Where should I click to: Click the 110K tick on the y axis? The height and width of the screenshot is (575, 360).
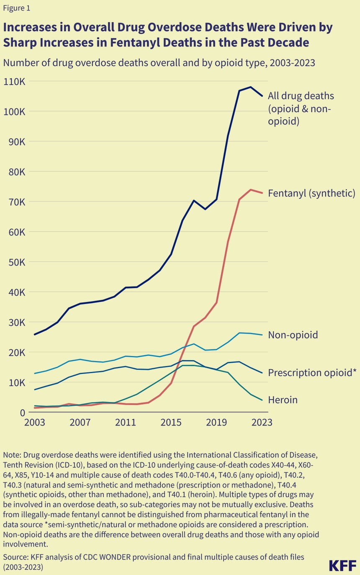pyautogui.click(x=15, y=82)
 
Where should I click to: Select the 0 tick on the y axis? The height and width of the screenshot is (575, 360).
pyautogui.click(x=22, y=413)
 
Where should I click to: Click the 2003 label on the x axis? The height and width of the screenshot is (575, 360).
pyautogui.click(x=34, y=422)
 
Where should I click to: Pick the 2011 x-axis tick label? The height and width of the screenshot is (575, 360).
pyautogui.click(x=126, y=422)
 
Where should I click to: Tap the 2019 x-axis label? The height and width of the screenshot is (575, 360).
pyautogui.click(x=216, y=422)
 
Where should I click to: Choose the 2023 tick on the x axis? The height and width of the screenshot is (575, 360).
pyautogui.click(x=262, y=422)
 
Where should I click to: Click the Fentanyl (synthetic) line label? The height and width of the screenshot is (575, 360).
pyautogui.click(x=311, y=193)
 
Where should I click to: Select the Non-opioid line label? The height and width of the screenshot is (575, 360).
pyautogui.click(x=293, y=335)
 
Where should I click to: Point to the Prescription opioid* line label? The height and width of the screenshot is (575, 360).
pyautogui.click(x=312, y=373)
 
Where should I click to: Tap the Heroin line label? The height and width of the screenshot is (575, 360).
pyautogui.click(x=283, y=400)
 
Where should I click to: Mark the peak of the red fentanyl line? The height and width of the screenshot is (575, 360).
pyautogui.click(x=250, y=190)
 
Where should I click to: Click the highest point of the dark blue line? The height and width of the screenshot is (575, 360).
pyautogui.click(x=250, y=87)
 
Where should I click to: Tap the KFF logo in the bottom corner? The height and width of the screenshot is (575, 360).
pyautogui.click(x=343, y=565)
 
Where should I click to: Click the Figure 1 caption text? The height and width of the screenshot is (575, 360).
pyautogui.click(x=17, y=8)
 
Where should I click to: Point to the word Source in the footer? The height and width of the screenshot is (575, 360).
pyautogui.click(x=14, y=557)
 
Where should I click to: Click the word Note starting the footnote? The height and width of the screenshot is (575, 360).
pyautogui.click(x=11, y=455)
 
